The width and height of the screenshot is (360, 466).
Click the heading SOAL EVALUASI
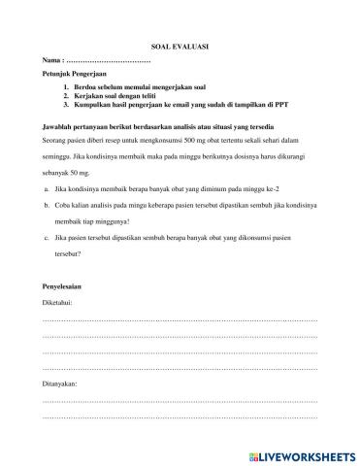[x=180, y=46]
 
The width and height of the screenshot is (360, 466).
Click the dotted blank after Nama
[x=109, y=61]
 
